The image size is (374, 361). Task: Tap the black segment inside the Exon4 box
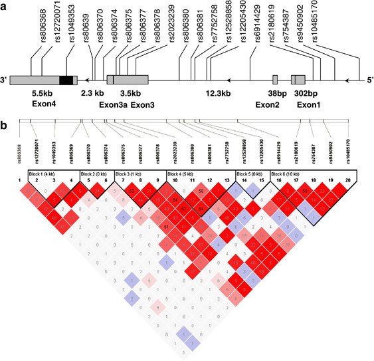click(x=66, y=80)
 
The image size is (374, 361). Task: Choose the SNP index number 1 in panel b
click(x=21, y=180)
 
